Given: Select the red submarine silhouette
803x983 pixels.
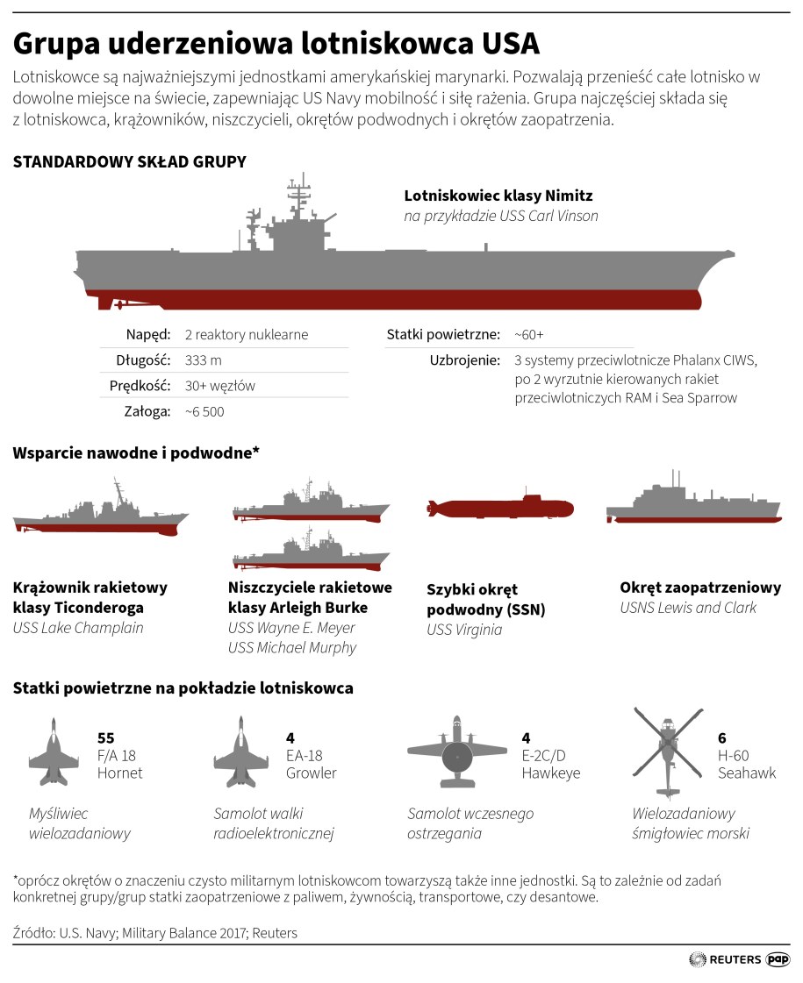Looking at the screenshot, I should (499, 508).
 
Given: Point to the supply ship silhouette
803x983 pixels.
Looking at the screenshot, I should (693, 507).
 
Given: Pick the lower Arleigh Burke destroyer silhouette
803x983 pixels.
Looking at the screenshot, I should (311, 556).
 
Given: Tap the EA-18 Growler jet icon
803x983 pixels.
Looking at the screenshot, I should (241, 751).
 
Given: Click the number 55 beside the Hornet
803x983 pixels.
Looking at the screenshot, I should (105, 738).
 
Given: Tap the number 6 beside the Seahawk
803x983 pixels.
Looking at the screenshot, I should (722, 738).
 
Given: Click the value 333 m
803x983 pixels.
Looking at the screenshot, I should (204, 360).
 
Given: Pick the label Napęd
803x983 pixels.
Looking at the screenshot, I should (147, 335).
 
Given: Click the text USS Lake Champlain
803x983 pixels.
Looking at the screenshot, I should (78, 628).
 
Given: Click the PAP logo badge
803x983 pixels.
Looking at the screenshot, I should (778, 959).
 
